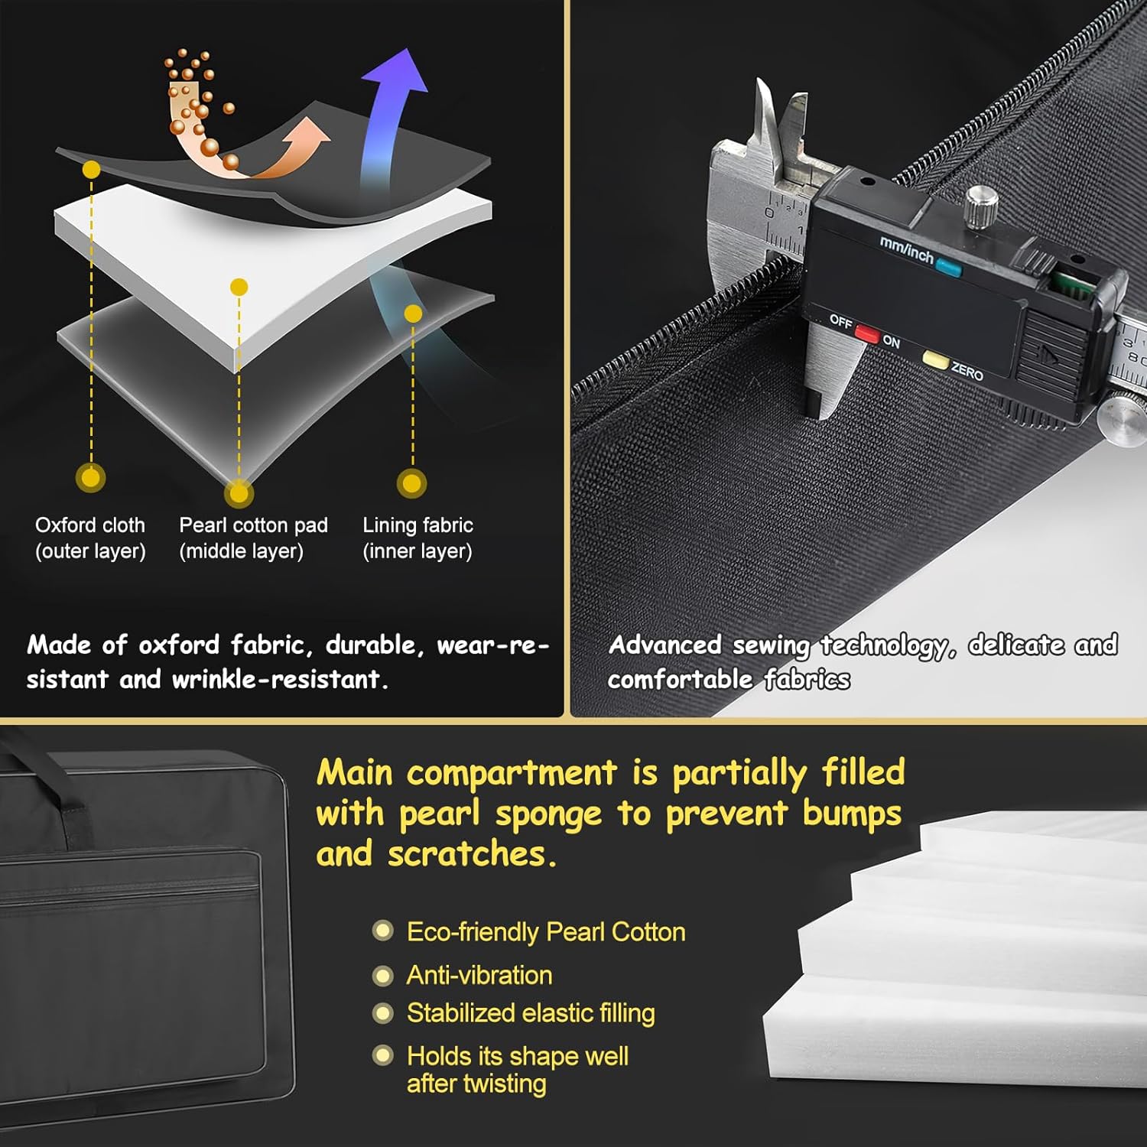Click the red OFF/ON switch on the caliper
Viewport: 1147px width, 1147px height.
[x=866, y=333]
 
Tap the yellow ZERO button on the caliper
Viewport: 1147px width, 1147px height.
[x=935, y=359]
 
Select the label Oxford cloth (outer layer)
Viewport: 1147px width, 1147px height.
[x=90, y=538]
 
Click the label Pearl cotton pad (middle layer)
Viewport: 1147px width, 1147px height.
[x=253, y=538]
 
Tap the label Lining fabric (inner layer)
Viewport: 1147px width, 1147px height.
[x=418, y=538]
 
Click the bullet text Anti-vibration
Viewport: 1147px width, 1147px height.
[x=479, y=975]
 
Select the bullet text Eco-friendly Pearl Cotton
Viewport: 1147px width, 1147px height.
[x=546, y=931]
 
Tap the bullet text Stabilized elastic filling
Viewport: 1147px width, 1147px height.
[x=531, y=1013]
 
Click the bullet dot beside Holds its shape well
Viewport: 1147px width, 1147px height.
[x=382, y=1055]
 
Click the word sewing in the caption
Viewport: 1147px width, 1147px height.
[x=771, y=646]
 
